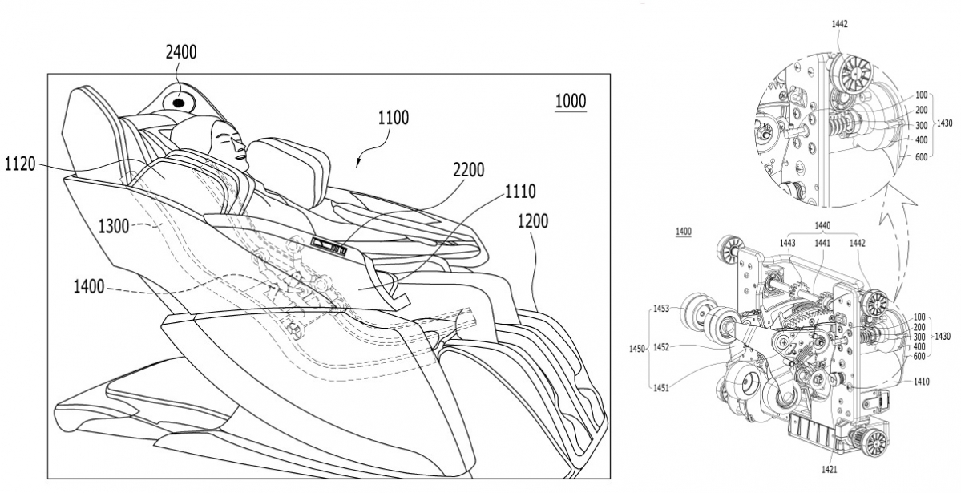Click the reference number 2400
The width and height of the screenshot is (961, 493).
[180, 53]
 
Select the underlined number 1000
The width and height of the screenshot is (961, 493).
[570, 102]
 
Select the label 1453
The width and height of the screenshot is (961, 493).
[662, 308]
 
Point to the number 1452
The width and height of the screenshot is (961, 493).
[662, 347]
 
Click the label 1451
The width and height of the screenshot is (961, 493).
[662, 387]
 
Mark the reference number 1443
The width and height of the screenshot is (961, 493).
[788, 243]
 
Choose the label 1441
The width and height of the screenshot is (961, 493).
[823, 243]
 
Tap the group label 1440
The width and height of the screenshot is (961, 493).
[823, 227]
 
